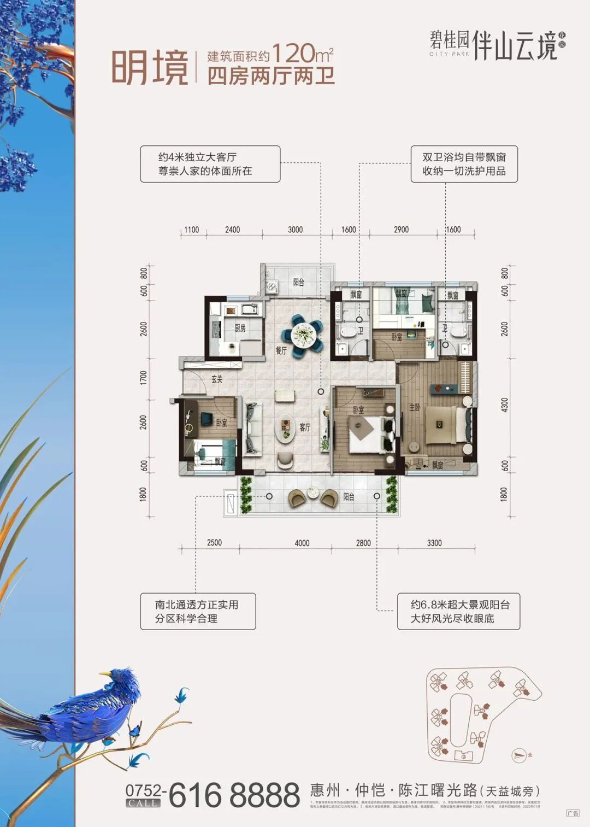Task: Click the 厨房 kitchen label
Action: click(x=240, y=328)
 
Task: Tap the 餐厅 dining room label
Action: click(x=281, y=350)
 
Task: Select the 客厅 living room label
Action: click(x=305, y=427)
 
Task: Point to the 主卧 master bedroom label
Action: click(x=415, y=407)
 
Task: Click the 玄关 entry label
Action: click(x=217, y=379)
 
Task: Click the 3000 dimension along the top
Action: click(x=295, y=230)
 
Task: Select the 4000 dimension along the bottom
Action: click(x=302, y=543)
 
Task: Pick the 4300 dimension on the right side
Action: click(x=505, y=405)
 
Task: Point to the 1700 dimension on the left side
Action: click(x=144, y=377)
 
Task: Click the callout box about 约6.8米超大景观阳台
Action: click(x=458, y=612)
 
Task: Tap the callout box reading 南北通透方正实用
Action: click(x=198, y=612)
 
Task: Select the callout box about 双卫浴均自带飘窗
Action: click(x=464, y=164)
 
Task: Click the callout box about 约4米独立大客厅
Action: click(x=210, y=164)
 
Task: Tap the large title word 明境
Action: click(x=150, y=68)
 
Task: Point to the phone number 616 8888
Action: click(x=234, y=795)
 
